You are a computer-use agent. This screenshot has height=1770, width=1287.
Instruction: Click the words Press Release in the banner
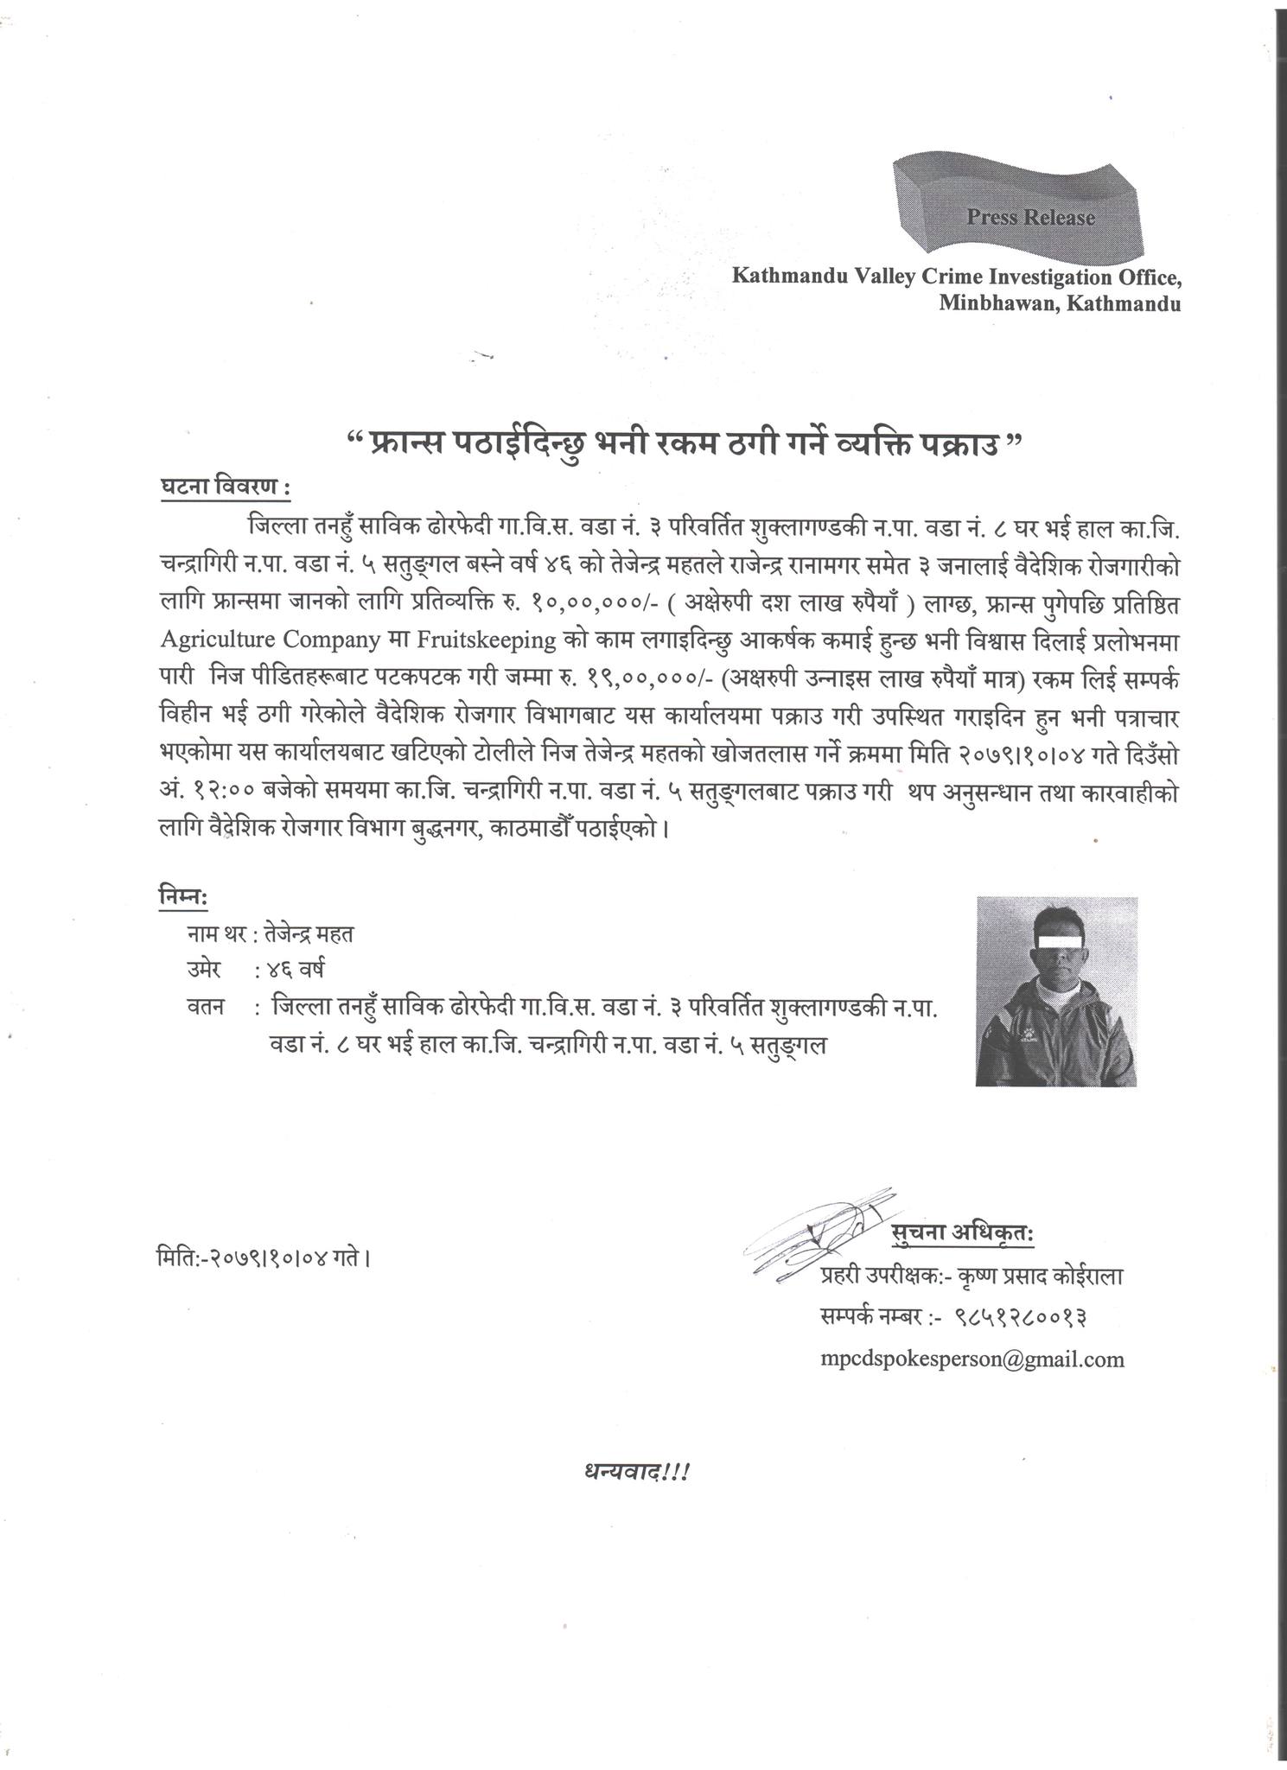coord(1030,218)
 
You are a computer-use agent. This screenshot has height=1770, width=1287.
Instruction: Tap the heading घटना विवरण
coord(224,487)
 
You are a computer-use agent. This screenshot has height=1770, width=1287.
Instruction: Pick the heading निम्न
coord(182,898)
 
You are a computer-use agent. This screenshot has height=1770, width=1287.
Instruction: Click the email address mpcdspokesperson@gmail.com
coord(972,1359)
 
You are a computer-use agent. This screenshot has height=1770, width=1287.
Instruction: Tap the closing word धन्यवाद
coord(635,1471)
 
